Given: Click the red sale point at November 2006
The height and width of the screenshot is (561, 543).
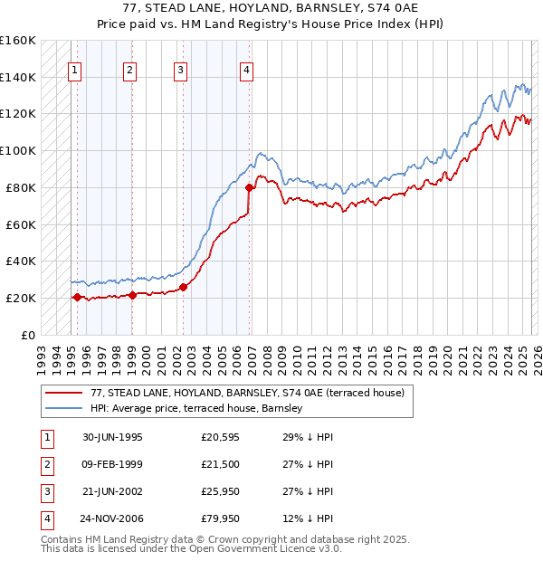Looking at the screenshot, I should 249,187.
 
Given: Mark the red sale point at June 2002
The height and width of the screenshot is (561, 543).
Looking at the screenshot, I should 183,287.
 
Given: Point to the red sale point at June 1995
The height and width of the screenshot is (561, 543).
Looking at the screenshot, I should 77,297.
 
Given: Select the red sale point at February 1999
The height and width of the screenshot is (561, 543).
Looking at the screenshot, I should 132,295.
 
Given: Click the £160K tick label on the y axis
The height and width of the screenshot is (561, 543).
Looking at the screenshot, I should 17,41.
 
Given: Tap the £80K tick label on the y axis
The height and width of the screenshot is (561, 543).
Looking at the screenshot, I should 21,187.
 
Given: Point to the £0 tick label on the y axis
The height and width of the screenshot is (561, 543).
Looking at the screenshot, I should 28,335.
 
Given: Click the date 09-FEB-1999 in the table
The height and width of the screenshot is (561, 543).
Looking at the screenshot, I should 112,464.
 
